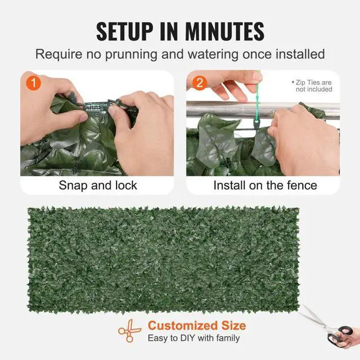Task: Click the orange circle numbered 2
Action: (x=198, y=82)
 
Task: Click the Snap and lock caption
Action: (x=98, y=185)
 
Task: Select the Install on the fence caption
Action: (x=265, y=185)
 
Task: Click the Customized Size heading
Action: (x=197, y=326)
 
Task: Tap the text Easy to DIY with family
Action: (x=193, y=339)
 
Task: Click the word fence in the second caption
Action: (x=301, y=185)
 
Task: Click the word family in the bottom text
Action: (x=226, y=339)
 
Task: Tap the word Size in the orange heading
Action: (x=232, y=326)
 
